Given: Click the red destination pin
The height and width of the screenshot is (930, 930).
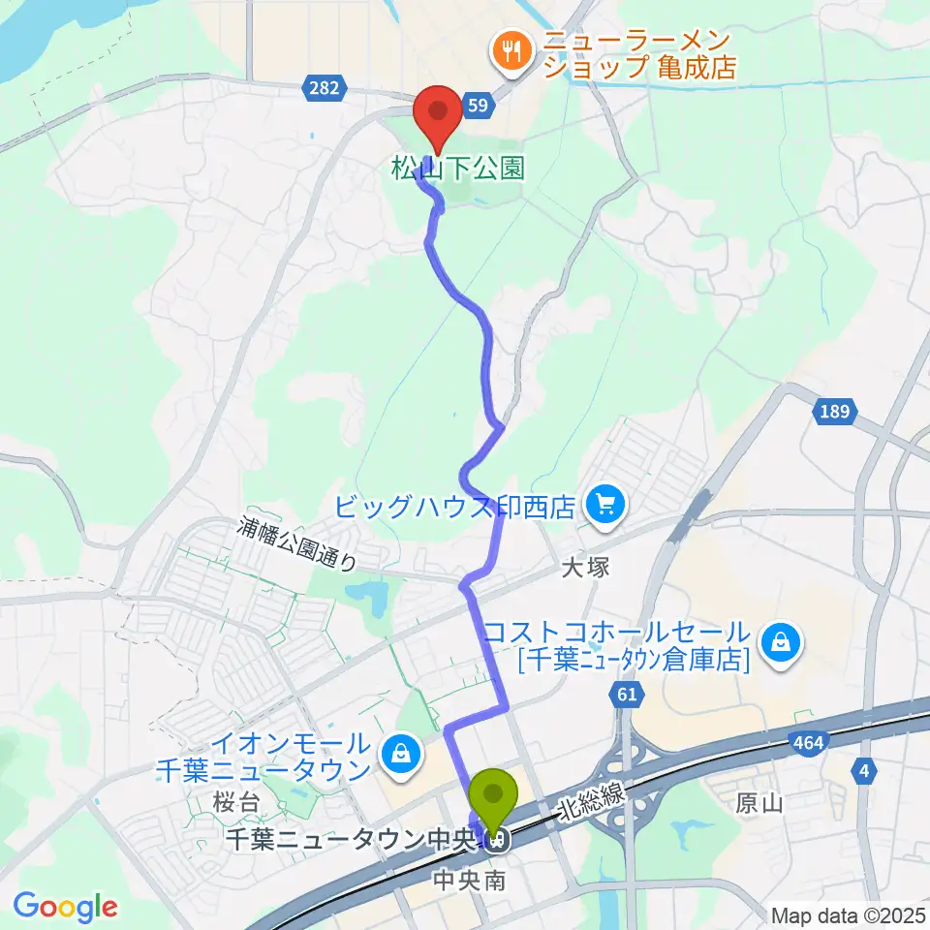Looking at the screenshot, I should point(437,114).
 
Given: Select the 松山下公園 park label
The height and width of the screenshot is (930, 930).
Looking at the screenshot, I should point(457,170).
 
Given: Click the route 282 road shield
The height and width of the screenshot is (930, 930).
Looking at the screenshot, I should point(325,88).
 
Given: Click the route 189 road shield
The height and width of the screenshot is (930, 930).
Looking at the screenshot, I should point(834,412).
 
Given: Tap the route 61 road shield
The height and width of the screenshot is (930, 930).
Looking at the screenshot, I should point(627,694).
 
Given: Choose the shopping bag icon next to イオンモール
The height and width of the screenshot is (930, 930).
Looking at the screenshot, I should point(398,750).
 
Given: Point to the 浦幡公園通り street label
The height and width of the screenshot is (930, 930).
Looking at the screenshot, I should point(299,544).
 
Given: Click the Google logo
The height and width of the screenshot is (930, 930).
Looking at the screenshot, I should point(65,906).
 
